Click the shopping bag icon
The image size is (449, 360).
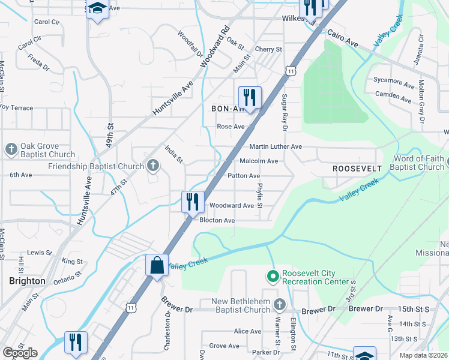157,265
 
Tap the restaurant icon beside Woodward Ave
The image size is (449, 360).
192,201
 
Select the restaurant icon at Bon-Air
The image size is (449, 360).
249,97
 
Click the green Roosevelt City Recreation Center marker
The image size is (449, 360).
273,277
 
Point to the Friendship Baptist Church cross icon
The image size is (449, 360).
153,166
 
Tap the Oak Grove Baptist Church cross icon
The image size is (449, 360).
11,149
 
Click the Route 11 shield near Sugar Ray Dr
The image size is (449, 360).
291,71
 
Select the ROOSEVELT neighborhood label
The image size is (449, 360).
358,169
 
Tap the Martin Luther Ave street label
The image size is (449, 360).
276,146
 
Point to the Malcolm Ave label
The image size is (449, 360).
259,161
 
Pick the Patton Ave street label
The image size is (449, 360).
244,176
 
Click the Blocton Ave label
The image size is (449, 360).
217,220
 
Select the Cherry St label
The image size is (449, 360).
268,49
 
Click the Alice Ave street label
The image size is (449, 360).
247,331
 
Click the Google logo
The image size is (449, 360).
19,353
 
